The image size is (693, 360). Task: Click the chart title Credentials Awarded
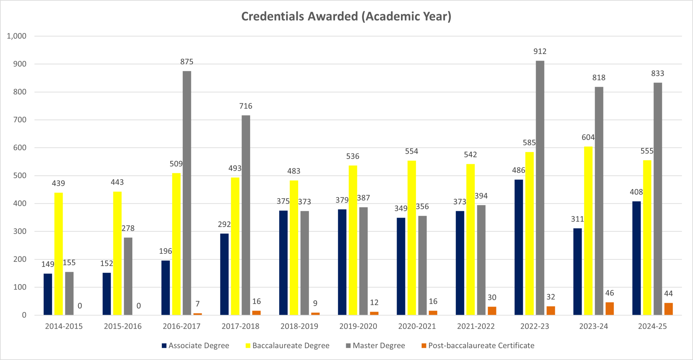(x=346, y=17)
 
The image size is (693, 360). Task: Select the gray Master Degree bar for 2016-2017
(x=187, y=193)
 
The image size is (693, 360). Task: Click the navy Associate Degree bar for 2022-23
(x=519, y=247)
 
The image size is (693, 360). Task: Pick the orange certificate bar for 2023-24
(x=609, y=309)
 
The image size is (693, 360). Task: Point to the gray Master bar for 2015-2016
(x=128, y=276)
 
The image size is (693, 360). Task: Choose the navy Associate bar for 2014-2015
(x=48, y=294)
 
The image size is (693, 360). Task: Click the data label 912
(x=540, y=51)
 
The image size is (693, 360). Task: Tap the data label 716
(x=246, y=106)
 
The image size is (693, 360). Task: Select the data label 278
(x=128, y=228)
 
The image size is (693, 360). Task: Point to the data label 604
(x=588, y=137)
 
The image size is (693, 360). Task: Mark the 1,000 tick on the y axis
(x=17, y=36)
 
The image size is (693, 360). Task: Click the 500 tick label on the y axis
(x=20, y=176)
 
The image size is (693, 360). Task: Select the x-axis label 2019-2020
(x=358, y=327)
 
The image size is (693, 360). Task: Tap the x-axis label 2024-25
(x=652, y=327)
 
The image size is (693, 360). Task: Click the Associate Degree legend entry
(x=199, y=346)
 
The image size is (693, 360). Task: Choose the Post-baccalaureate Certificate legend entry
(x=481, y=346)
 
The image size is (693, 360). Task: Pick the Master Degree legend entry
(x=379, y=346)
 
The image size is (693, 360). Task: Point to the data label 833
(x=657, y=73)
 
